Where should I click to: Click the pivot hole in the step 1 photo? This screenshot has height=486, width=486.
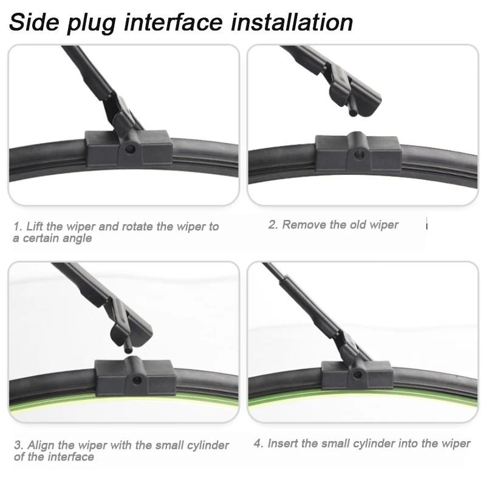pos(129,147)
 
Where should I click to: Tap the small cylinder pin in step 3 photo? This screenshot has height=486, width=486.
pos(127,349)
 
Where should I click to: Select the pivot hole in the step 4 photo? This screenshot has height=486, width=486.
pos(357,376)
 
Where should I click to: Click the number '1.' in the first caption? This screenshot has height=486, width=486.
pos(18,227)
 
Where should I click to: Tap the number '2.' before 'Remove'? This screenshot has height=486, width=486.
pos(273,225)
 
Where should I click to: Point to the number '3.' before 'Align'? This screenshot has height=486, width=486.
pos(18,445)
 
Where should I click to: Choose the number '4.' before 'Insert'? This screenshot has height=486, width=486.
pos(258,443)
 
